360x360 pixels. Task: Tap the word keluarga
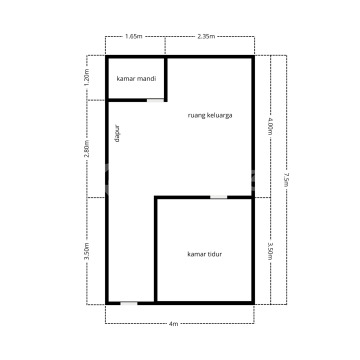pos(220,116)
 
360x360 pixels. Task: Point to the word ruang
pos(196,116)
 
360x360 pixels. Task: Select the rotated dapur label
pos(117,134)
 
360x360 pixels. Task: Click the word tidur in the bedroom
pos(215,254)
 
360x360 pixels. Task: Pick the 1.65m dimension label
pos(134,36)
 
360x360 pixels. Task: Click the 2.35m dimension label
pos(206,36)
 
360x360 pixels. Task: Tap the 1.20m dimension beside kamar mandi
pos(87,78)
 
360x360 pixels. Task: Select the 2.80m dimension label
pos(87,149)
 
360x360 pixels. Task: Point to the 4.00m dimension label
pos(270,126)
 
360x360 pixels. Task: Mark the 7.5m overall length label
pos(286,179)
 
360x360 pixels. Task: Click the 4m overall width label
pos(174,324)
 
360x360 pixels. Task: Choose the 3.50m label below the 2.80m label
pos(87,251)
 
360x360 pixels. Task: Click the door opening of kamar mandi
pos(155,100)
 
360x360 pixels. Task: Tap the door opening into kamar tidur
pos(218,197)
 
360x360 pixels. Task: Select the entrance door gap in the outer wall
pos(129,303)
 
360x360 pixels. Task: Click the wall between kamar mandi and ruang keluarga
pos(166,79)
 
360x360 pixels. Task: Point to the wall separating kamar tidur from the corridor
pos(156,250)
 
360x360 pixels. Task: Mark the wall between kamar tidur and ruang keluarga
pos(204,197)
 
